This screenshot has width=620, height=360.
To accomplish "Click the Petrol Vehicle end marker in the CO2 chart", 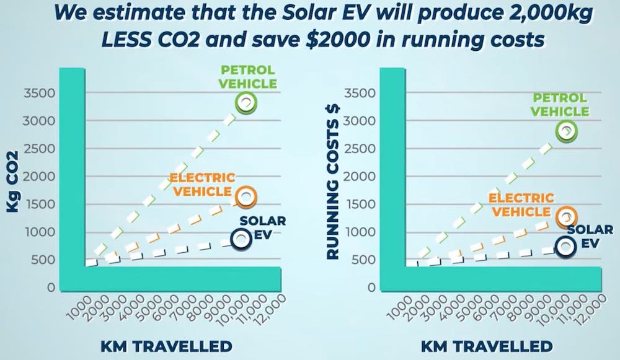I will click(246, 103).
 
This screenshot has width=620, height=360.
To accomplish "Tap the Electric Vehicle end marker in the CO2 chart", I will click(246, 197).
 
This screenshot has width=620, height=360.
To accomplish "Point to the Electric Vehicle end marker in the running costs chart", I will click(567, 216).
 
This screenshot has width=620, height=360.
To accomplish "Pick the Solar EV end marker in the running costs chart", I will click(566, 246).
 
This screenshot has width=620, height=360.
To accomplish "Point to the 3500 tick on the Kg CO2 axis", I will click(39, 94).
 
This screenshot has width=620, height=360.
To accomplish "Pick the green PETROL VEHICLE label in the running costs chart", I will click(559, 105).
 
